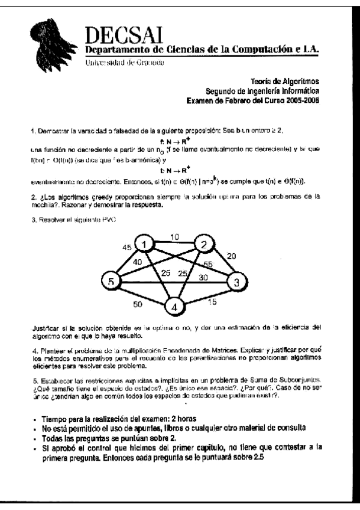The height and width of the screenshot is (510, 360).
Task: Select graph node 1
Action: (x=144, y=243)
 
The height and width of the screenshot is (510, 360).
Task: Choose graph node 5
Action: (x=111, y=281)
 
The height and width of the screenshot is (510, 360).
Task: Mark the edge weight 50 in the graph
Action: (x=137, y=305)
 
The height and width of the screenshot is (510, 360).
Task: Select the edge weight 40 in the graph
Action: (x=138, y=262)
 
